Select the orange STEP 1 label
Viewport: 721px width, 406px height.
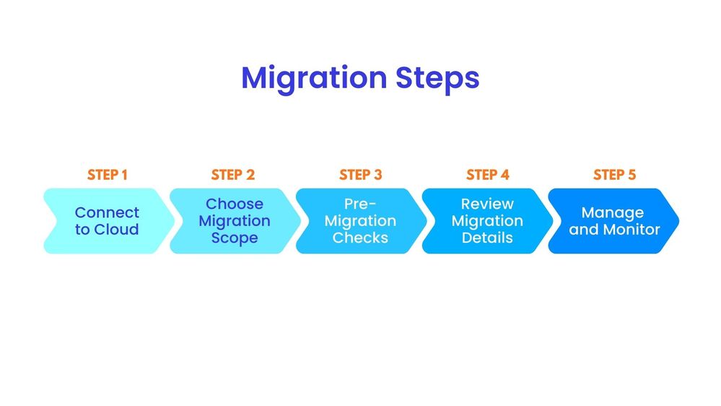(x=107, y=175)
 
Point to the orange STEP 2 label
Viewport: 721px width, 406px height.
(x=233, y=175)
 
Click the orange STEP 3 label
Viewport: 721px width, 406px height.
(x=360, y=175)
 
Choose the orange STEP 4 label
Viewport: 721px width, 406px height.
(x=487, y=175)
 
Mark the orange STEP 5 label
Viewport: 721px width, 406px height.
(x=614, y=175)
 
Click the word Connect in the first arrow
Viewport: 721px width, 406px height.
(x=107, y=212)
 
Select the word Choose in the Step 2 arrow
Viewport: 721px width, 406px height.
(x=235, y=204)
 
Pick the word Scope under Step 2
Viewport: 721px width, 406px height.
(x=235, y=238)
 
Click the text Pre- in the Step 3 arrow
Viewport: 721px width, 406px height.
(x=360, y=204)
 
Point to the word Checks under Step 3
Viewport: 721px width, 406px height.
(x=360, y=238)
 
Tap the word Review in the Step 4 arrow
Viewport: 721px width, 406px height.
(x=487, y=204)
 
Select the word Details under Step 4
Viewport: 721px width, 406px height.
(x=487, y=238)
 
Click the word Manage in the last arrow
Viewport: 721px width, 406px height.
(x=612, y=212)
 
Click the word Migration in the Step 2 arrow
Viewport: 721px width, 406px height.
(x=235, y=221)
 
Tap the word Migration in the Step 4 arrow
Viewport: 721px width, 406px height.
(x=487, y=221)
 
